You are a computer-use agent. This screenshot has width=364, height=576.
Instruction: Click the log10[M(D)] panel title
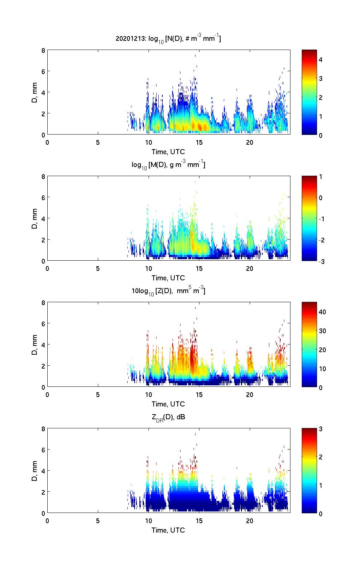pos(168,165)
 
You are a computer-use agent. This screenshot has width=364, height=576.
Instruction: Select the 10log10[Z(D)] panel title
pos(168,291)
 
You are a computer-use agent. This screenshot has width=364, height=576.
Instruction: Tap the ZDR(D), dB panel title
pos(168,417)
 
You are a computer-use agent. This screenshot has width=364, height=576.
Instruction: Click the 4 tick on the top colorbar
pos(321,59)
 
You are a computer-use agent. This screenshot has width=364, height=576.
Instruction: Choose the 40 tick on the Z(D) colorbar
pos(322,312)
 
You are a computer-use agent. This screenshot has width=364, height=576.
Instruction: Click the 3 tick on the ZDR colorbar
pos(321,429)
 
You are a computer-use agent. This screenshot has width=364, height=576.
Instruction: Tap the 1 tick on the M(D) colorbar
pos(321,177)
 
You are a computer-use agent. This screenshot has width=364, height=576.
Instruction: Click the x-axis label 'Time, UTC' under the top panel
pos(168,152)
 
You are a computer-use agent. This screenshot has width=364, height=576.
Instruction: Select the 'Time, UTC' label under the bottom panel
pos(168,530)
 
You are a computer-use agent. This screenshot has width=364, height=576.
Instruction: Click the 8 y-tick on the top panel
pos(43,50)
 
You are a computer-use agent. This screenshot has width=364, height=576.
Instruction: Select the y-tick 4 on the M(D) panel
pos(43,219)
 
